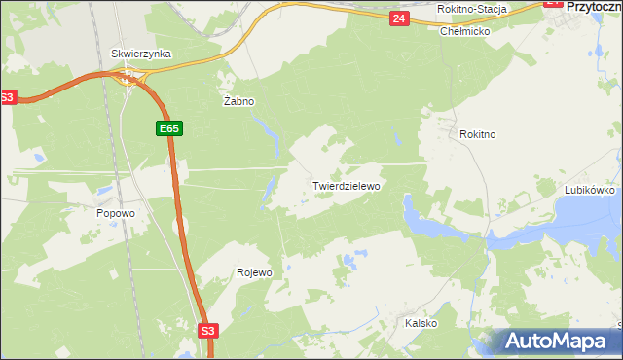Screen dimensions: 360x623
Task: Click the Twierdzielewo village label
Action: [346, 185]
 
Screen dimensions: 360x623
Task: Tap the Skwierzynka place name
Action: [141, 54]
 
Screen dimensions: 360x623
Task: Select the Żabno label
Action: [238, 101]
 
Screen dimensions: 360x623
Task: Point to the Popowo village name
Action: [115, 213]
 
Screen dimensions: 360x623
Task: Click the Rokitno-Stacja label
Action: [472, 9]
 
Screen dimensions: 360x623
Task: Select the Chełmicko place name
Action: [464, 31]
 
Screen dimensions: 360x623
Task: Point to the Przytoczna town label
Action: [594, 6]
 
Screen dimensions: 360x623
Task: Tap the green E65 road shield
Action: [166, 127]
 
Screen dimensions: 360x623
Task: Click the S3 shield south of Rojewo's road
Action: [207, 331]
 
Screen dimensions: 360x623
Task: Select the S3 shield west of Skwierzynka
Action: [8, 97]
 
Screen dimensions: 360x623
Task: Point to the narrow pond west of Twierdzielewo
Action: [266, 197]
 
